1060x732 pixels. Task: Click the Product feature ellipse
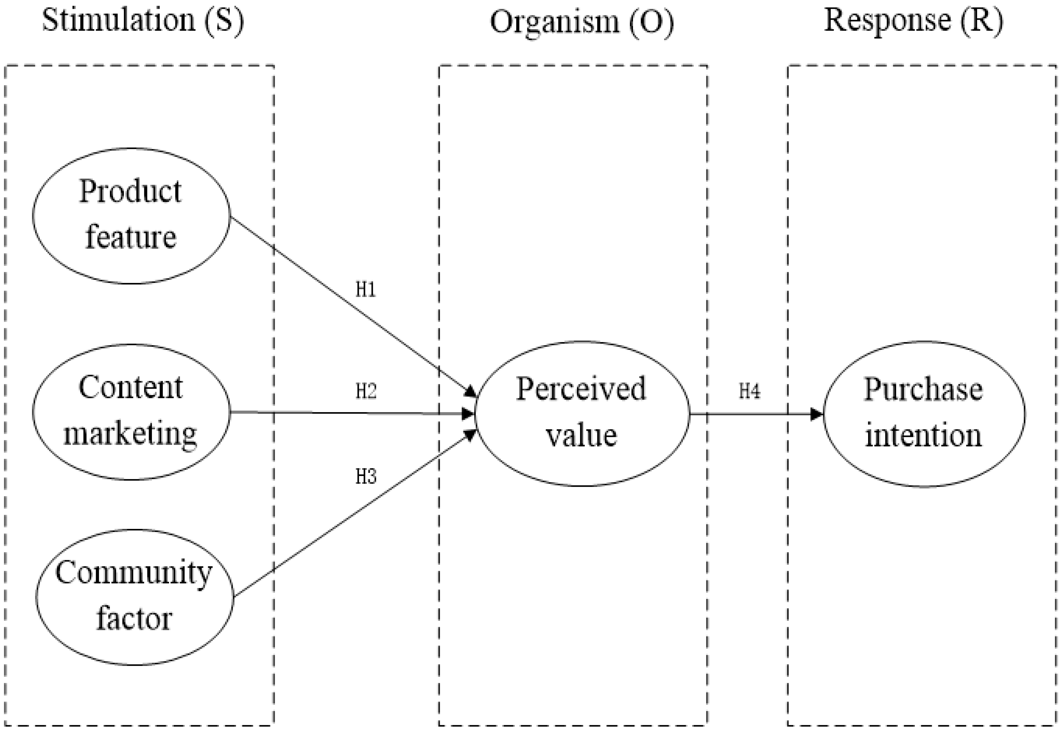131,216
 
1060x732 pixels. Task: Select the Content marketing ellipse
131,412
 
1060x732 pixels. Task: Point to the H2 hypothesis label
366,391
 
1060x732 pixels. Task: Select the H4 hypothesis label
749,391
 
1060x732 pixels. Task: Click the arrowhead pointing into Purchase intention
817,414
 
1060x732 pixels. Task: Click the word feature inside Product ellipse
131,238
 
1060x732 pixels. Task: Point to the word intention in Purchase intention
923,436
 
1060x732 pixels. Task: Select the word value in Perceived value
582,436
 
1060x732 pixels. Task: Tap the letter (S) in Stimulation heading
224,21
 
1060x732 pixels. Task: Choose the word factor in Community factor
134,619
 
